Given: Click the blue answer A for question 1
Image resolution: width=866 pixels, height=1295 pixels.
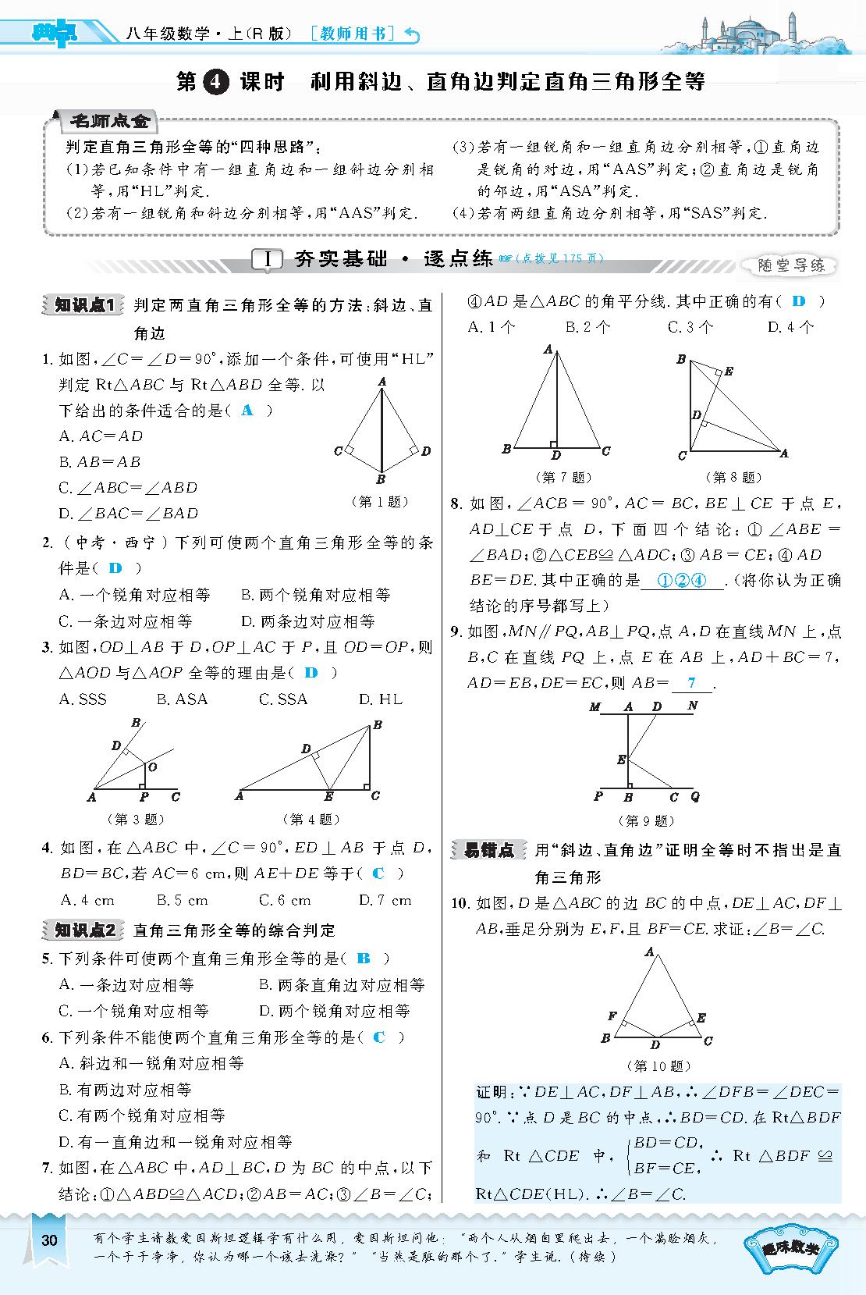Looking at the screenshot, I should coord(248,410).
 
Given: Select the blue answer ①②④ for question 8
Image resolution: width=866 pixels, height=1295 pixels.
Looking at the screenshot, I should coord(681,580).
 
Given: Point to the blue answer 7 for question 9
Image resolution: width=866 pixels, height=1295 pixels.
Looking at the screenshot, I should coord(691,682).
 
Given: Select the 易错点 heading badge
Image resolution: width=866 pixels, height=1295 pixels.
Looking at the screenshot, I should coord(489,850).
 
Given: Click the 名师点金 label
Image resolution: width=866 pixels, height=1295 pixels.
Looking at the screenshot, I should coord(109,121).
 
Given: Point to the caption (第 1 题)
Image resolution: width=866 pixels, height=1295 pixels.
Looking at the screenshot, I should coord(381,502).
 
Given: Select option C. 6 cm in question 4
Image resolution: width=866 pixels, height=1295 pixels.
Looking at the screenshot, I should coord(285,900).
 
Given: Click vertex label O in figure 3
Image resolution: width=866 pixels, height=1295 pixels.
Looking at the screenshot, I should coord(153,767).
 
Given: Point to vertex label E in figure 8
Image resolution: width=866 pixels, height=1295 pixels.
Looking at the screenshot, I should coord(729,372).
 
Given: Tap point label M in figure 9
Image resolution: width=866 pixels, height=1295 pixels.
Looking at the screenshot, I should coord(595,707).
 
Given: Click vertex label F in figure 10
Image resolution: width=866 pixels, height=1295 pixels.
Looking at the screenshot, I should coord(612,1016).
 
